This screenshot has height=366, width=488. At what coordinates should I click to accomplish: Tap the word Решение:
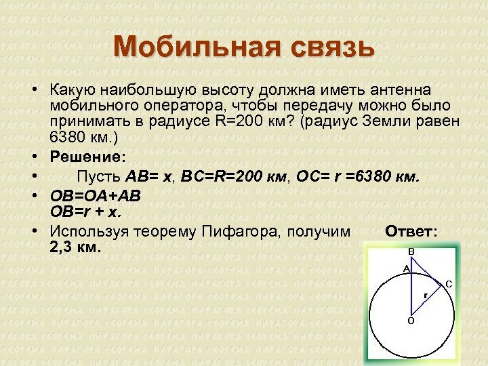pyautogui.click(x=87, y=157)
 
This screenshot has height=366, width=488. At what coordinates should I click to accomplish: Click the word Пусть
pyautogui.click(x=98, y=177)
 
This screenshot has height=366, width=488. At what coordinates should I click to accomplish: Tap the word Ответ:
pyautogui.click(x=411, y=232)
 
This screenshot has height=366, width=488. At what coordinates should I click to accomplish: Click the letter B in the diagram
pyautogui.click(x=411, y=252)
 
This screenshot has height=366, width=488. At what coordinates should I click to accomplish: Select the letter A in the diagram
pyautogui.click(x=406, y=269)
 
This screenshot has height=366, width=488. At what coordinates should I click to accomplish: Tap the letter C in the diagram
pyautogui.click(x=449, y=285)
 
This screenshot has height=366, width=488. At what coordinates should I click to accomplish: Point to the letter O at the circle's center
pyautogui.click(x=411, y=321)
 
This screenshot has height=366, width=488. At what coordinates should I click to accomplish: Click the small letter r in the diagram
pyautogui.click(x=425, y=296)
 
